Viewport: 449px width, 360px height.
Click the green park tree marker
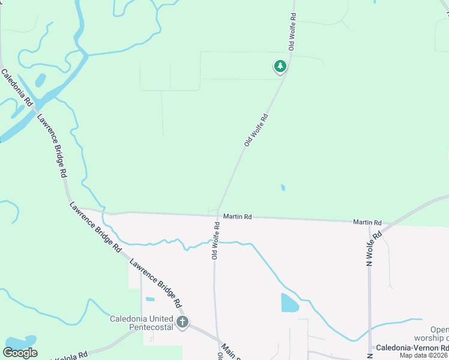tap(280, 67)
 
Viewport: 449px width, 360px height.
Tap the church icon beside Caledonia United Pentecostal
tap(182, 323)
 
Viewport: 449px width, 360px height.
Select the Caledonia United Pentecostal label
tap(142, 323)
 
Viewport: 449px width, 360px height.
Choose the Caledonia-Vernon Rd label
tap(412, 348)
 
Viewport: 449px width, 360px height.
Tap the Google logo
tap(20, 353)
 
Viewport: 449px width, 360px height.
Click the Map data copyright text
tap(424, 355)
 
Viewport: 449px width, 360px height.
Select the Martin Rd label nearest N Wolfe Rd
tap(367, 222)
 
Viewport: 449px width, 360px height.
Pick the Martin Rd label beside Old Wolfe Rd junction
tap(237, 216)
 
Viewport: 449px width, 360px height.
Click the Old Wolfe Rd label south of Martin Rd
tap(215, 241)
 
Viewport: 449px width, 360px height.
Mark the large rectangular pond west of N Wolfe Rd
tap(289, 302)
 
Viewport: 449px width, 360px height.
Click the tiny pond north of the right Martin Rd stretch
tap(283, 188)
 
